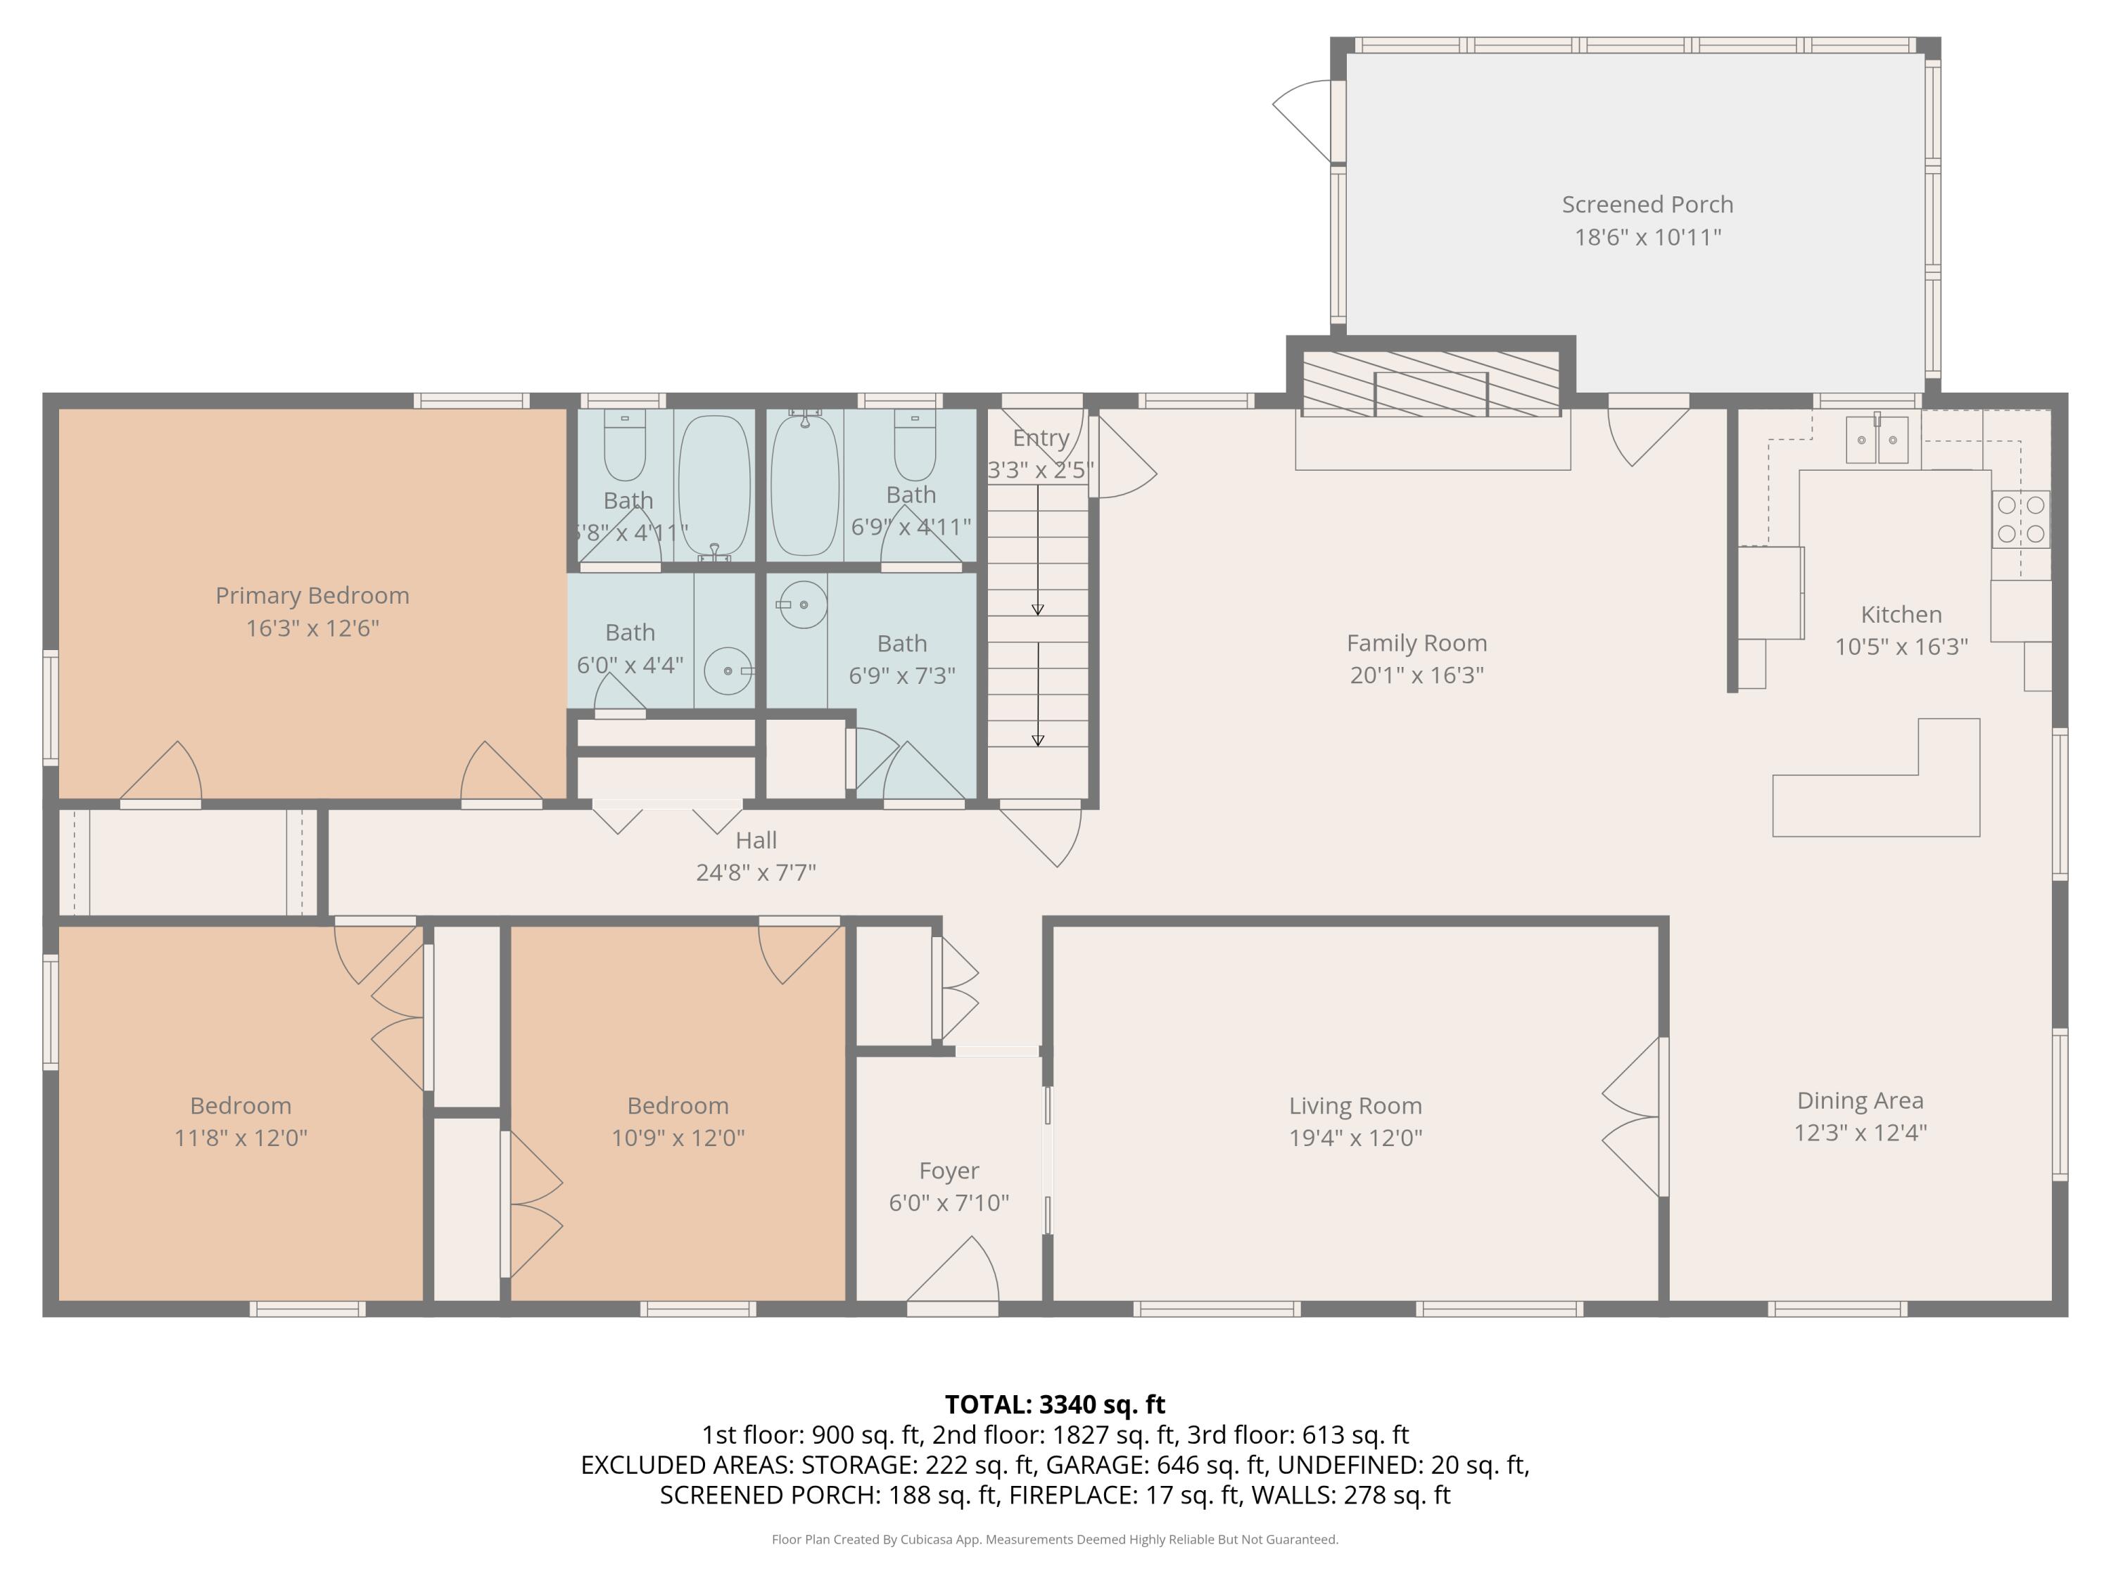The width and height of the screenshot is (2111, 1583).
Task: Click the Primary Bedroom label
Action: tap(312, 595)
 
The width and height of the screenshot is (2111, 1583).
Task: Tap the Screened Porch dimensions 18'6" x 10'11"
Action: tap(1647, 236)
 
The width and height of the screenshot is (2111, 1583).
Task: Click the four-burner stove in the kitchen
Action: tap(2020, 519)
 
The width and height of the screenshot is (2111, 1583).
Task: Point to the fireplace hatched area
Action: tap(1431, 383)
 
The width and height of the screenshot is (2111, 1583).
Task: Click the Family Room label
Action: tap(1416, 643)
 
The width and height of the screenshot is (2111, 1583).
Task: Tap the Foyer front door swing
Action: tap(953, 1269)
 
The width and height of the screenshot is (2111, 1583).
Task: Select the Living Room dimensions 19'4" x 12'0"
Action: tap(1355, 1138)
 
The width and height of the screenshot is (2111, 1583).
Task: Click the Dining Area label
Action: tap(1860, 1100)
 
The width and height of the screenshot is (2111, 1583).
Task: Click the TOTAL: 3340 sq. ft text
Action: tap(1055, 1404)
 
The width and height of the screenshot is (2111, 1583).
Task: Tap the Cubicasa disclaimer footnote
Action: tap(1055, 1539)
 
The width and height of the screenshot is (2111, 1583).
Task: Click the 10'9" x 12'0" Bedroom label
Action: tap(678, 1106)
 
